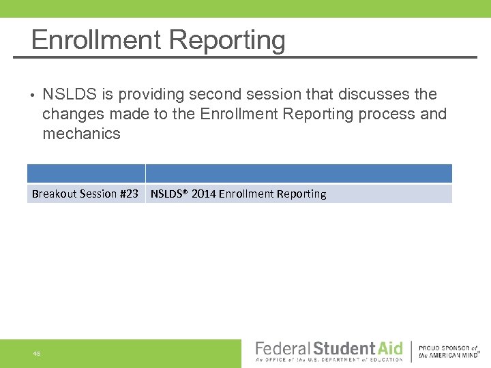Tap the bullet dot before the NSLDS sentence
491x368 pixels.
(31, 95)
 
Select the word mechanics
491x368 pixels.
(81, 134)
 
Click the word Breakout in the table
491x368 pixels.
(55, 194)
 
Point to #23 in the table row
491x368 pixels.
(129, 194)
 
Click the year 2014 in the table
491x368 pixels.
(203, 194)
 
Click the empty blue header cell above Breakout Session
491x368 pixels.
(86, 173)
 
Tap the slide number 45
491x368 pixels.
(36, 353)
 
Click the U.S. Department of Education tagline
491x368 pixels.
(329, 360)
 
